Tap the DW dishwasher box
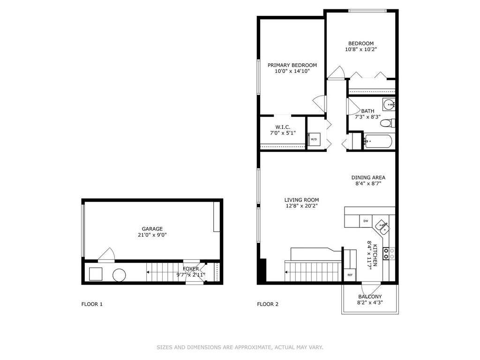(x=366, y=221)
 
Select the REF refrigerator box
(x=350, y=275)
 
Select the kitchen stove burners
(x=389, y=254)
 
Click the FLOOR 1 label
(x=92, y=304)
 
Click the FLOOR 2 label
(x=268, y=304)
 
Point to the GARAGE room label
(x=152, y=229)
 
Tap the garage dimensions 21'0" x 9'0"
(x=152, y=235)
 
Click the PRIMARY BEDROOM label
(x=292, y=65)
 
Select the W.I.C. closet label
(x=283, y=127)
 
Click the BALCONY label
(x=370, y=296)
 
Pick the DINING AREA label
(x=368, y=177)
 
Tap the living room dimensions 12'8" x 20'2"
(x=301, y=206)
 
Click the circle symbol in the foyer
(x=119, y=275)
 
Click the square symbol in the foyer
(x=96, y=274)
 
